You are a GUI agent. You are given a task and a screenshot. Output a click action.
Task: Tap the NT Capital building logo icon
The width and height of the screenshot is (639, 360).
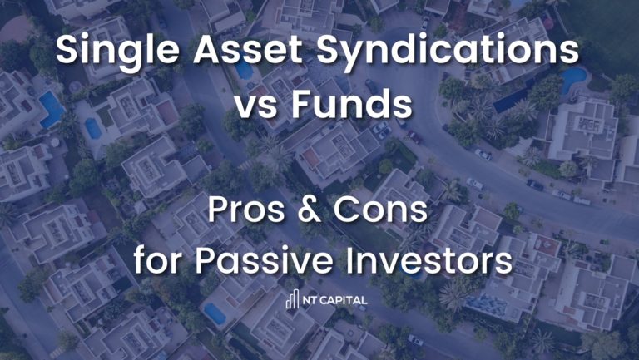click(292, 300)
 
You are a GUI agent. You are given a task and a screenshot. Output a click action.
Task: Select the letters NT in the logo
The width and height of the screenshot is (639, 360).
click(309, 300)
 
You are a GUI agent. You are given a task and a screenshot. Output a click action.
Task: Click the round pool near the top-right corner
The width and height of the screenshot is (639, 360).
click(574, 77)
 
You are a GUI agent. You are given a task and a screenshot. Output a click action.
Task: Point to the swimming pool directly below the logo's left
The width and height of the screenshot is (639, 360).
click(215, 313)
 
